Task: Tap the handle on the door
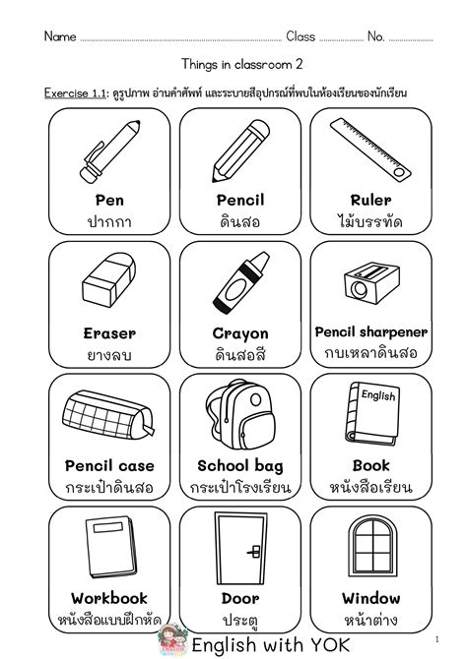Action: pos(253,552)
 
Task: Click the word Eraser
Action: pos(109,333)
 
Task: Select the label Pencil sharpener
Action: pos(370,331)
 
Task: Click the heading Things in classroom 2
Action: pos(233,64)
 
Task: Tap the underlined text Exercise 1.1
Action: pos(74,93)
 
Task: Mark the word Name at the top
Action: pos(60,37)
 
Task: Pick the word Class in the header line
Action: pos(300,37)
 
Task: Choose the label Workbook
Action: pos(109,598)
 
